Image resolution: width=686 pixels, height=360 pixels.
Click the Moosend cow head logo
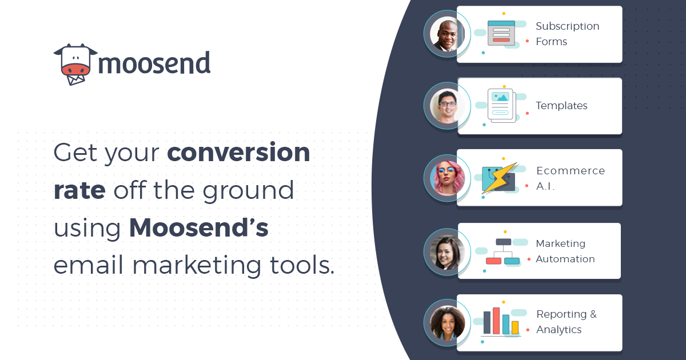coord(75,64)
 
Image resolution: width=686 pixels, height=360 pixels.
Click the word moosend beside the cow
coord(154,63)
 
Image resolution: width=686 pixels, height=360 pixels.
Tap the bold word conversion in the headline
coord(238,152)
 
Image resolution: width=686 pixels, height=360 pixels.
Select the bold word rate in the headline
coord(79,190)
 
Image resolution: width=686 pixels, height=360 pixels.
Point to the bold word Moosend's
coord(199,227)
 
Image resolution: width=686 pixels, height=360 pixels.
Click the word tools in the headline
coord(302,265)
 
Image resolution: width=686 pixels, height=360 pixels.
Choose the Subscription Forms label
coord(568,34)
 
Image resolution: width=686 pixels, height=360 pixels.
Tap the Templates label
coord(561,106)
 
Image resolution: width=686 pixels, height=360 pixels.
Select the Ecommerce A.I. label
coord(571,178)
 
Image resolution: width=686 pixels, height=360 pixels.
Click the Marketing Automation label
coord(565,251)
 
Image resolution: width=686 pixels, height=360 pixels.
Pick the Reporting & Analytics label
coord(567,322)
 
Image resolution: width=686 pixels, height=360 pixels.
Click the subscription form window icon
coord(501,33)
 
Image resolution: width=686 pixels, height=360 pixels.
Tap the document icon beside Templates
coord(501,106)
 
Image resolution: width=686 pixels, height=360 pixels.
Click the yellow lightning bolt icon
coord(500,178)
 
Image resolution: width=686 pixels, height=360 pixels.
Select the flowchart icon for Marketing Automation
coord(502,251)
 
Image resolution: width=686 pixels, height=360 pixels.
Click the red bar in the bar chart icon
coord(496,321)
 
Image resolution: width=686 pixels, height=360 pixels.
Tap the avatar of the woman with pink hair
coord(447,178)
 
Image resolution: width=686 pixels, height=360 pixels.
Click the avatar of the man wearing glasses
coord(447,106)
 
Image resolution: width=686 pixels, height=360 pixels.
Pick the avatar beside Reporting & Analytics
coord(447,323)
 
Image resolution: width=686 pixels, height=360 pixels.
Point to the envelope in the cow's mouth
coord(75,79)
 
